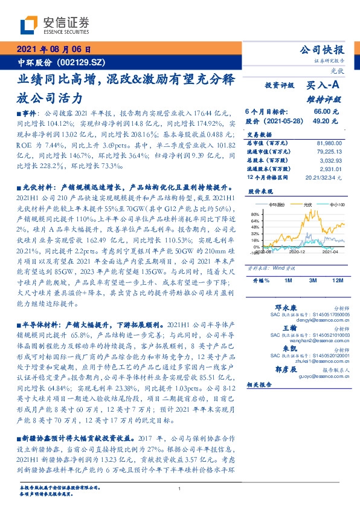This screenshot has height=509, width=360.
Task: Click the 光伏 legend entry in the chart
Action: coord(307,205)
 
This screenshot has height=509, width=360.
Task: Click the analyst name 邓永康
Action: coord(286,306)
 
